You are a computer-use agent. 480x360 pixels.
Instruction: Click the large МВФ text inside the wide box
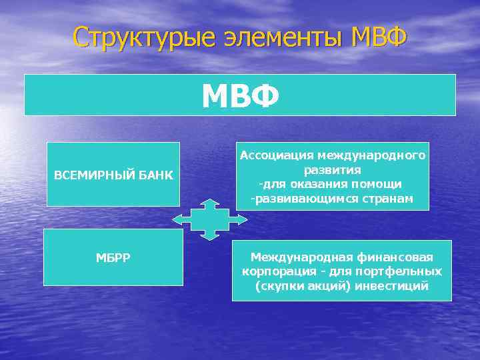click(240, 97)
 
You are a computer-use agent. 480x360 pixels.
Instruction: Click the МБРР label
click(113, 257)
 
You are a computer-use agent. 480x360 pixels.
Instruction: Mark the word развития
click(332, 170)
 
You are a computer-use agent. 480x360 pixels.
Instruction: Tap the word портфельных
click(406, 271)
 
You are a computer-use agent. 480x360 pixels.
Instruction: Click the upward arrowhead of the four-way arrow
click(210, 202)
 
